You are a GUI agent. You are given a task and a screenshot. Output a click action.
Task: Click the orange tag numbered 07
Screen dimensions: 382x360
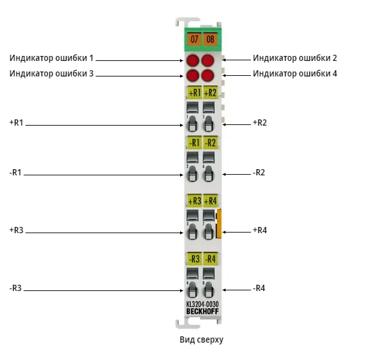pos(194,39)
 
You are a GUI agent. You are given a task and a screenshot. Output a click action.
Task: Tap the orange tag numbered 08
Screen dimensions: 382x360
pos(210,39)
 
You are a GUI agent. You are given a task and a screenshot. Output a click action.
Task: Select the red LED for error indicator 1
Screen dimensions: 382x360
pos(193,60)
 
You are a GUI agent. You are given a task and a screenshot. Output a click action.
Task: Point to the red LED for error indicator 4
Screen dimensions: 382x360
pos(208,75)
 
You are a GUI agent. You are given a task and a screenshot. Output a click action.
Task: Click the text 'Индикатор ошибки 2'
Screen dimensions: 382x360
pos(295,58)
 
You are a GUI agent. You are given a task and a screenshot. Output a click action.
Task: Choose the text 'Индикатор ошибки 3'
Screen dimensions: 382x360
pos(52,73)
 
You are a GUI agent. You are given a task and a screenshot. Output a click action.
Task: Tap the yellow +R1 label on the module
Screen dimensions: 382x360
pos(194,93)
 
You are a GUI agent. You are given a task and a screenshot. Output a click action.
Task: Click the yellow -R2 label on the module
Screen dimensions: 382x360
pos(210,142)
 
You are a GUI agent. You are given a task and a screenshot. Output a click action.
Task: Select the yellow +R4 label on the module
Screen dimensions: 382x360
pos(210,201)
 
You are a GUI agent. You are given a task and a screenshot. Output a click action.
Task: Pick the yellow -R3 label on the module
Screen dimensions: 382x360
pos(194,259)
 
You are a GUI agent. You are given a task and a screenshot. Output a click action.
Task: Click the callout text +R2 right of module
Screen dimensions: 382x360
pos(260,122)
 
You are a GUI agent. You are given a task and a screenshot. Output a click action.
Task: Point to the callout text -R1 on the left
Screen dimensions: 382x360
pos(16,172)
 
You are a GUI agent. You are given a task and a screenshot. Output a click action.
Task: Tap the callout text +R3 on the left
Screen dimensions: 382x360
pos(16,230)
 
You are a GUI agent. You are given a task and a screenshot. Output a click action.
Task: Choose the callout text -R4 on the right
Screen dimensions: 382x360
pos(259,288)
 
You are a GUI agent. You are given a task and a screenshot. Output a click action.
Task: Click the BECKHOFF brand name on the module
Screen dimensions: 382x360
pos(202,312)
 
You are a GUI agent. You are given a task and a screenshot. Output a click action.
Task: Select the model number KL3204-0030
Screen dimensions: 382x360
pos(202,305)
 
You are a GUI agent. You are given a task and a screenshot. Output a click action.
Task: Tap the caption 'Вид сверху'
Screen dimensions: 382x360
pos(201,339)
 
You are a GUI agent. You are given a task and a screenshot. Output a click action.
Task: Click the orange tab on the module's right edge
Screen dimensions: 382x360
pos(219,223)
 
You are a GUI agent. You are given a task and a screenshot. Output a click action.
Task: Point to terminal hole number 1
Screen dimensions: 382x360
pos(192,124)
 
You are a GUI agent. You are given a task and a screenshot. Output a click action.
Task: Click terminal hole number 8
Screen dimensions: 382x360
pos(208,290)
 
